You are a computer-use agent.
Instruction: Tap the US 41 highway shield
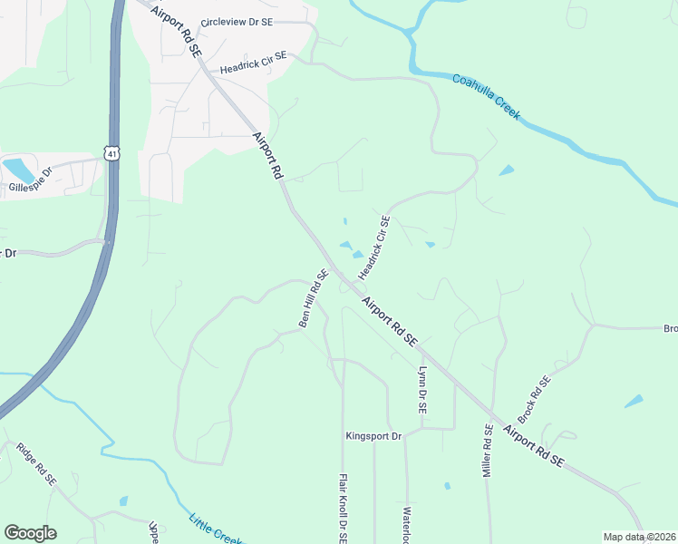point(111,154)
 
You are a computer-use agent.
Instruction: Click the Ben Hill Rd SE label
point(314,299)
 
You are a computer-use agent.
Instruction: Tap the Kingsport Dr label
point(373,436)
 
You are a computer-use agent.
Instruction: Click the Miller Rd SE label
point(488,452)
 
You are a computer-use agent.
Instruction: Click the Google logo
point(30,533)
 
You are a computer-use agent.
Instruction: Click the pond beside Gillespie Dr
point(16,169)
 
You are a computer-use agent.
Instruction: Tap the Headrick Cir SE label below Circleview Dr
point(253,63)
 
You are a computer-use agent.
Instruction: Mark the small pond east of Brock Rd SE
point(634,401)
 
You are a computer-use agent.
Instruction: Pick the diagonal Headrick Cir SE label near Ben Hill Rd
point(373,248)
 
